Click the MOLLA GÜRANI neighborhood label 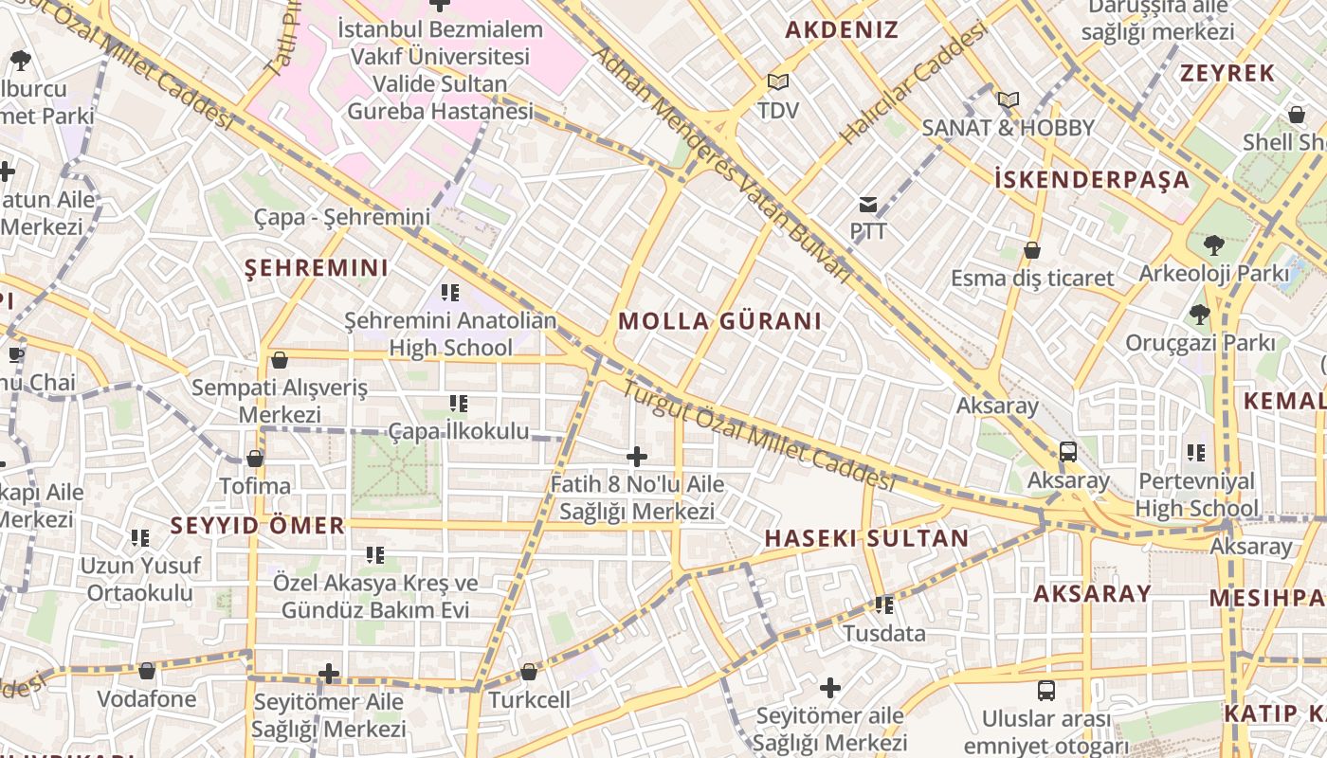pos(719,321)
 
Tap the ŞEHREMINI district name pos(317,268)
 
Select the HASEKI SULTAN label pos(866,539)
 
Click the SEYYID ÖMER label pos(257,525)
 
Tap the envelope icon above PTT pos(867,204)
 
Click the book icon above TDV pos(778,82)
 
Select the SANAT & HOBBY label pos(1009,128)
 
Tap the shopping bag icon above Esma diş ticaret pos(1032,251)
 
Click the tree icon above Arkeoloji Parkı pos(1213,245)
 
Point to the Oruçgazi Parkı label pos(1200,343)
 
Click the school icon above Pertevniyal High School pos(1196,453)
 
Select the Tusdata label pos(884,633)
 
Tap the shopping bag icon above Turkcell pos(529,672)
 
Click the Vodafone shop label pos(147,699)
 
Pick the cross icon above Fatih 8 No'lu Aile pos(637,458)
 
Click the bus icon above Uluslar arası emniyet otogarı pos(1046,691)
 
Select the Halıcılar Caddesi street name pos(914,85)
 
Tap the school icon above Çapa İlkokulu pos(459,405)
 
